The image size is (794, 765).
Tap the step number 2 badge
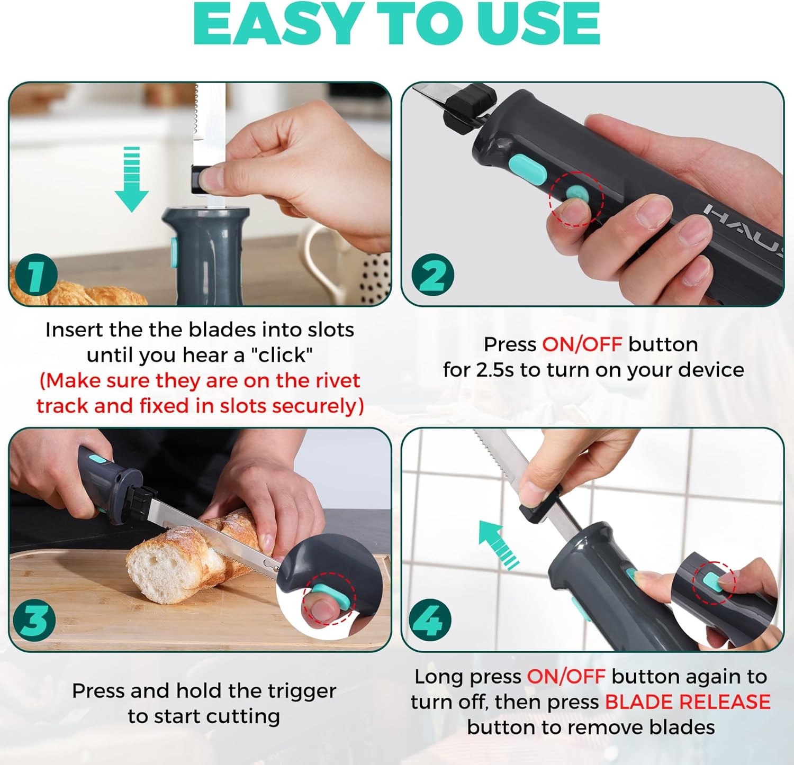tap(432, 275)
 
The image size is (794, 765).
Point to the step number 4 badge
tap(430, 620)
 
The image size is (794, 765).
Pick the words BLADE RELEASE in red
tap(687, 702)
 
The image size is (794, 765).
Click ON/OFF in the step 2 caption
tap(581, 344)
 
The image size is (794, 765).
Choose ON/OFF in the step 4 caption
tap(565, 677)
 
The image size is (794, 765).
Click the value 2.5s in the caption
tap(495, 370)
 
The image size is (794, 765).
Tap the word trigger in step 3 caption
tap(301, 691)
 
